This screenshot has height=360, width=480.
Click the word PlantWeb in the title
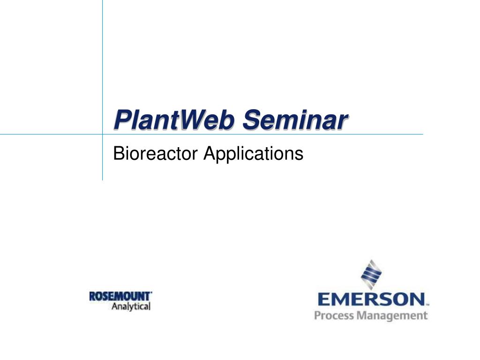[x=174, y=120]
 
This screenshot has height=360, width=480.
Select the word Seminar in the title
[x=295, y=120]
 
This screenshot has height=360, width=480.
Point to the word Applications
[x=254, y=154]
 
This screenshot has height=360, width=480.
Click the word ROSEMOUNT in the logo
[x=120, y=296]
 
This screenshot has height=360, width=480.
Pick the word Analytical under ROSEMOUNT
[x=131, y=307]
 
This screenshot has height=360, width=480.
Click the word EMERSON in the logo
[x=371, y=300]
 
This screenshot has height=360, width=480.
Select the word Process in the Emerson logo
[x=334, y=315]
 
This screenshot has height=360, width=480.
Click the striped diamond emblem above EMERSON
[x=371, y=275]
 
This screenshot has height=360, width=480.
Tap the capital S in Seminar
[x=252, y=120]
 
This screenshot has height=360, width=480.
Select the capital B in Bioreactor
[x=119, y=153]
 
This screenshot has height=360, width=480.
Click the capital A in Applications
[x=210, y=153]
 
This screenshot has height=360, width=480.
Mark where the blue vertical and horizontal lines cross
[x=103, y=134]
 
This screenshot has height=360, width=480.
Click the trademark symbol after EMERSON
[x=427, y=305]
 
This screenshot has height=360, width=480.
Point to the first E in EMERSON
[x=324, y=300]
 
